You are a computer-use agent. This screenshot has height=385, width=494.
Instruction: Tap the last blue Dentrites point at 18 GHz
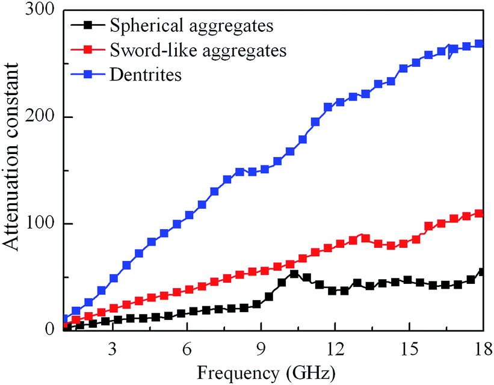coord(479,44)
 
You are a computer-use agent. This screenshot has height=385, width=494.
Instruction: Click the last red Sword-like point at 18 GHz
coord(479,214)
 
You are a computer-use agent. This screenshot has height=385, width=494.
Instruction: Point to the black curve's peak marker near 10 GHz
coord(294,274)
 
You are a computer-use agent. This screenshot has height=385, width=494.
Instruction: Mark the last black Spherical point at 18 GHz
coord(481,272)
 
